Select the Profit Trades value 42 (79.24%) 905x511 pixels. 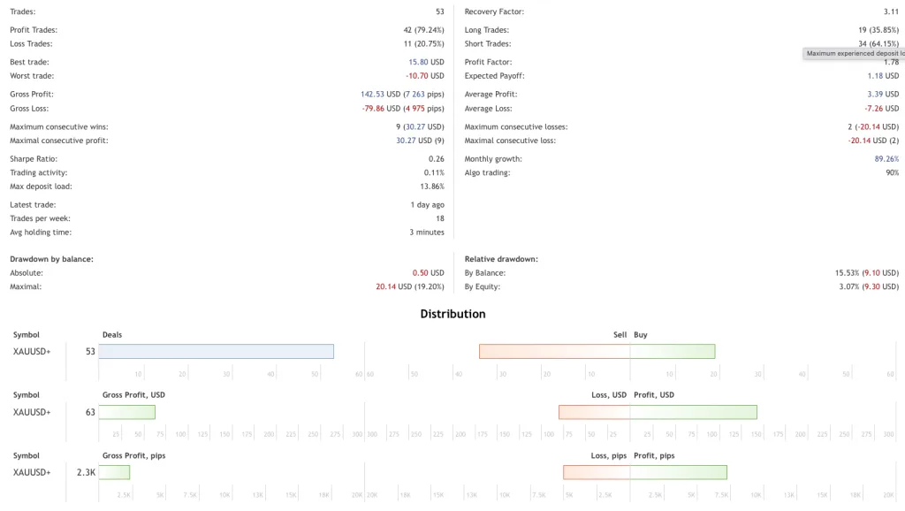pyautogui.click(x=423, y=30)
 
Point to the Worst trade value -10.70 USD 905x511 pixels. pyautogui.click(x=425, y=76)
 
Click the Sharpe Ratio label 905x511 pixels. pyautogui.click(x=34, y=159)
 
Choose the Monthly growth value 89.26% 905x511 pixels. pyautogui.click(x=886, y=159)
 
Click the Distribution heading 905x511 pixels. pyautogui.click(x=452, y=314)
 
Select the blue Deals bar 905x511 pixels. pyautogui.click(x=216, y=351)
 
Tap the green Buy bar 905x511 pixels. pyautogui.click(x=672, y=351)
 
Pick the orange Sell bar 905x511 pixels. pyautogui.click(x=554, y=351)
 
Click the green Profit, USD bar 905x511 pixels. pyautogui.click(x=693, y=412)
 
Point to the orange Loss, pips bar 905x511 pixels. pyautogui.click(x=596, y=472)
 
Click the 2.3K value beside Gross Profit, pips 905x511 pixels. pyautogui.click(x=86, y=472)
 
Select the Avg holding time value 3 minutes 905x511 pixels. pyautogui.click(x=426, y=233)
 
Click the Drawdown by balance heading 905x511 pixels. pyautogui.click(x=51, y=259)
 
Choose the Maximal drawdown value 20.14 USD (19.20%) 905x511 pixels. pyautogui.click(x=409, y=286)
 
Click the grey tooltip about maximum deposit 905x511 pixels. pyautogui.click(x=854, y=53)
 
